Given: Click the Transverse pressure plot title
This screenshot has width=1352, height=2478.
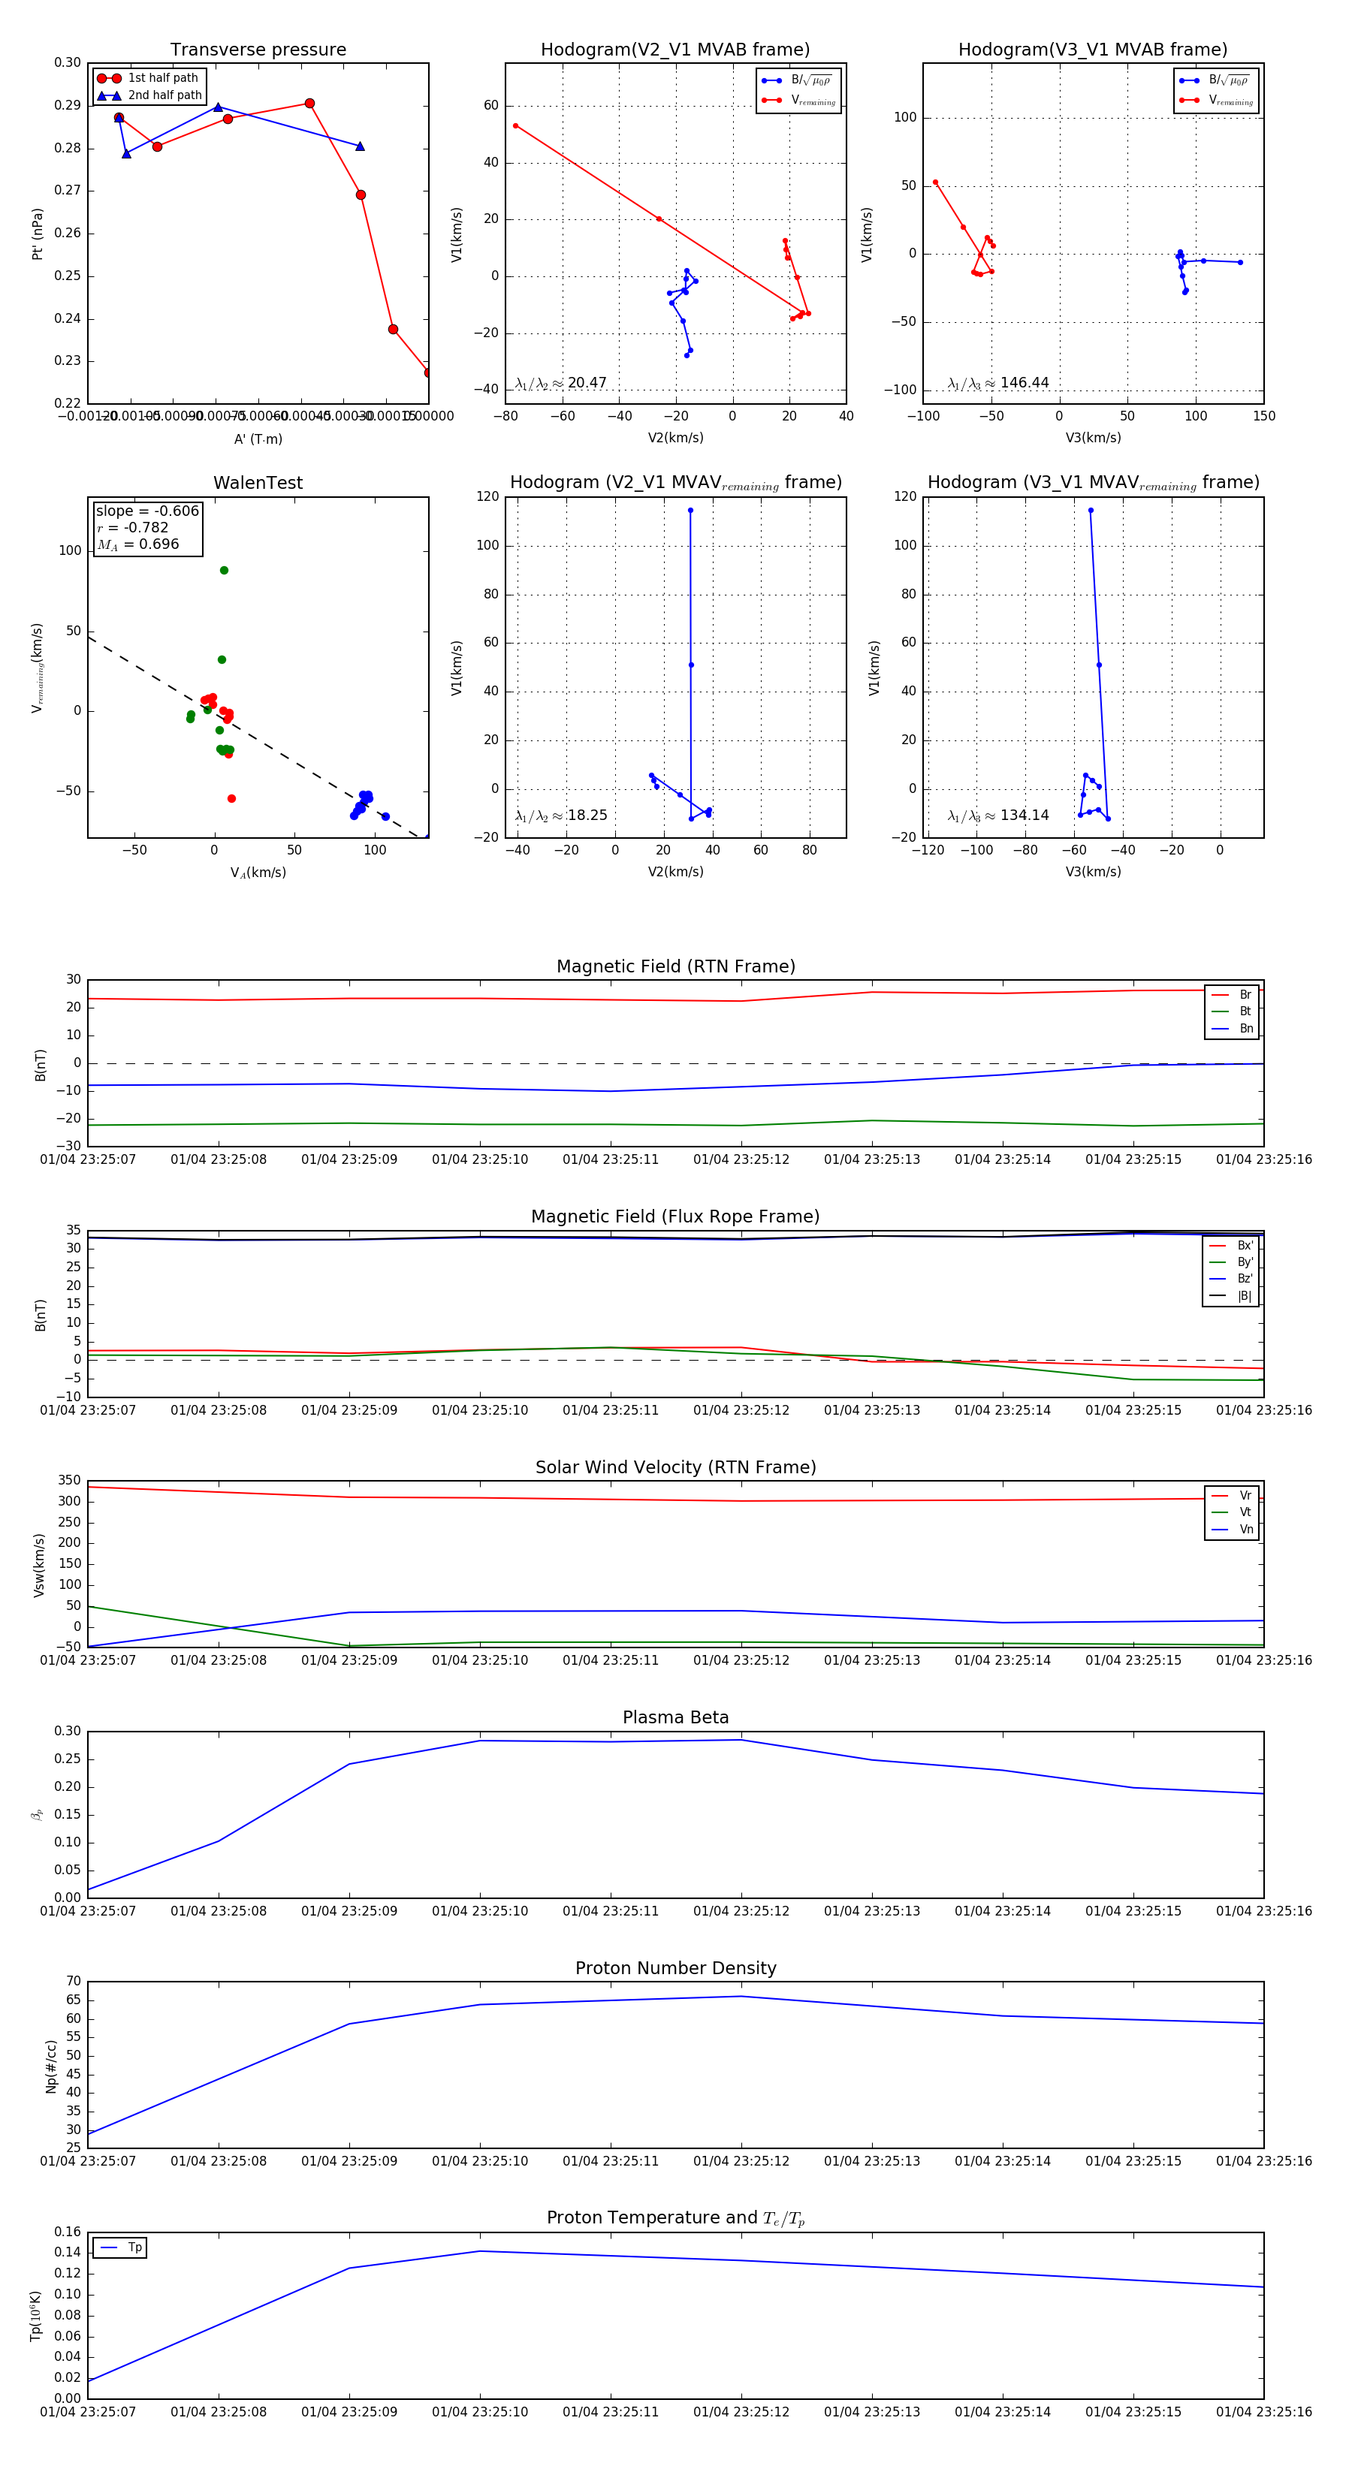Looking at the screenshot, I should click(258, 50).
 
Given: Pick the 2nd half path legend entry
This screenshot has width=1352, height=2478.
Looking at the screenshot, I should click(164, 95).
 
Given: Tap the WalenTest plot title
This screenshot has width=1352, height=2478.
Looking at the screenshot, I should click(258, 483).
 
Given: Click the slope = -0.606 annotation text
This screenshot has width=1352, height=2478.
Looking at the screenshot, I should click(147, 511).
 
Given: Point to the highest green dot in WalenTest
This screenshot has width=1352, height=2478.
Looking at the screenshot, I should click(225, 571).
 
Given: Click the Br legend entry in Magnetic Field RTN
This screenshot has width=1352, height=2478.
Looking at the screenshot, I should click(1245, 995).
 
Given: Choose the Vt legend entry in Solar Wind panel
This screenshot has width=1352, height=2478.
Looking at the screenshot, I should click(1245, 1512).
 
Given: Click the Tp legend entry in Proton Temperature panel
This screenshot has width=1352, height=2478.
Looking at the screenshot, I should click(134, 2247).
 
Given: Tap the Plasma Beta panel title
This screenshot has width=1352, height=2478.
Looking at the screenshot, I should click(675, 1717).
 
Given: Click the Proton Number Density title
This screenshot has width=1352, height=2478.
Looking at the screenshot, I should click(675, 1967).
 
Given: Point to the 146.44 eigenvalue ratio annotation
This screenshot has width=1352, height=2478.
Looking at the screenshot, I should click(1024, 383).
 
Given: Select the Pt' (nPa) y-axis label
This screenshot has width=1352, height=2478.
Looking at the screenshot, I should click(38, 234).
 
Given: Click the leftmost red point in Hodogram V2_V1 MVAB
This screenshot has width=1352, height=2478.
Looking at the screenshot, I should click(516, 126).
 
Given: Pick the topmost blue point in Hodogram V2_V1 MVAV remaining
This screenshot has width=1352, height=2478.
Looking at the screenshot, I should click(690, 511).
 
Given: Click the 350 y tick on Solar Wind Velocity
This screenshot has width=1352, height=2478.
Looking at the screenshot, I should click(69, 1481).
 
